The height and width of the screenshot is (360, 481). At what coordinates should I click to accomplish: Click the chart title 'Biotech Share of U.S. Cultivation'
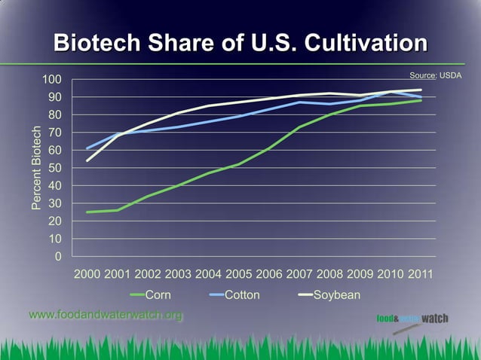tap(240, 42)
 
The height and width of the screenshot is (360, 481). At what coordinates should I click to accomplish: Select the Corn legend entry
tap(150, 294)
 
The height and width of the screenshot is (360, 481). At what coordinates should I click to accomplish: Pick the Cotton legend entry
tap(233, 294)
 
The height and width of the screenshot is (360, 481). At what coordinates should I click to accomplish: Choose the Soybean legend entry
tap(327, 294)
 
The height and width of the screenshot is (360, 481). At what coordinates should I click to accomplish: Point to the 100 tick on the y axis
tap(51, 80)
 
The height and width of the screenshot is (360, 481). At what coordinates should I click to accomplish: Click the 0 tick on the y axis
tap(57, 257)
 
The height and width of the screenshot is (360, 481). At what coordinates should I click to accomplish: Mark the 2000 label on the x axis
tap(87, 274)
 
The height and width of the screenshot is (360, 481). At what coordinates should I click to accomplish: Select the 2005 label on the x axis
tap(239, 274)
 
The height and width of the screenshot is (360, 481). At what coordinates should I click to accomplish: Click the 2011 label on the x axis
tap(421, 274)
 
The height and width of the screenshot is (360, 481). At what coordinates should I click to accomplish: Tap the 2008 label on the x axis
tap(329, 274)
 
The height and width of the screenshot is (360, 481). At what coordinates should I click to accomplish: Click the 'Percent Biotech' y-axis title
tap(36, 168)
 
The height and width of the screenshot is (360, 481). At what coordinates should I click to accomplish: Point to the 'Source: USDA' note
tap(435, 76)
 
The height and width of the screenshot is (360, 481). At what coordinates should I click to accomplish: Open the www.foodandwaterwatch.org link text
tap(106, 315)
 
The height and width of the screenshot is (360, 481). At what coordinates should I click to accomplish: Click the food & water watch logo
tap(412, 319)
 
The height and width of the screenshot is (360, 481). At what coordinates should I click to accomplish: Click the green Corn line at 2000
tap(87, 212)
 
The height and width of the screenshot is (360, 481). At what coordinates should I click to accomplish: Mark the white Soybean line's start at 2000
tap(87, 160)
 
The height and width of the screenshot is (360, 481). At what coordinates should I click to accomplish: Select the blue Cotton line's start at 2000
tap(87, 148)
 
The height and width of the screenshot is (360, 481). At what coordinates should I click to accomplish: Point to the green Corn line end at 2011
tap(421, 100)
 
